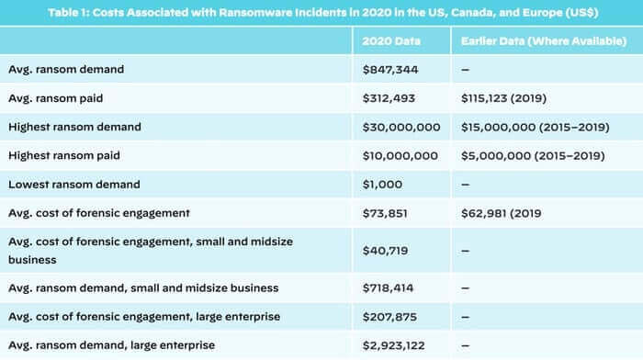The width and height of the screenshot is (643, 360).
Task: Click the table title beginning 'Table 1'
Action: click(321, 12)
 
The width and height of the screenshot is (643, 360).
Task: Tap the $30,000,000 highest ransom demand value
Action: click(401, 127)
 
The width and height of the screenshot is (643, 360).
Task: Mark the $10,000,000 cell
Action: click(401, 155)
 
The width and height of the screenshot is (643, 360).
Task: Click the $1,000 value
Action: click(383, 184)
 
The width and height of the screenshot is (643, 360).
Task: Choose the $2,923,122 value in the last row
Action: click(398, 345)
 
